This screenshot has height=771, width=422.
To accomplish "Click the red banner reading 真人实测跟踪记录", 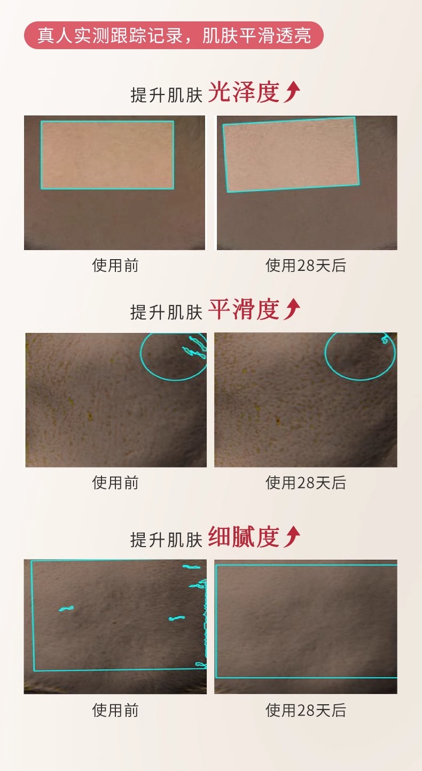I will [x=174, y=35].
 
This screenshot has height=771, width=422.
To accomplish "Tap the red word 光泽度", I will [x=244, y=93].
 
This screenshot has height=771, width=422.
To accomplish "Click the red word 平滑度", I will [x=244, y=310].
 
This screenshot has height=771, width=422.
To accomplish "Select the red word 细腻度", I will [x=244, y=537].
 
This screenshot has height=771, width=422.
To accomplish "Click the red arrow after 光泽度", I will [x=292, y=93].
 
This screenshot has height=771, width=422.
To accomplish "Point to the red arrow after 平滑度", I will [x=292, y=310].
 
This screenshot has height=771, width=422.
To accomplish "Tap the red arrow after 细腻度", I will [x=292, y=537].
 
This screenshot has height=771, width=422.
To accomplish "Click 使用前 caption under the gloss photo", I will [x=115, y=266].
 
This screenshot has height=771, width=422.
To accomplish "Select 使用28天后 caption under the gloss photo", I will [x=306, y=266].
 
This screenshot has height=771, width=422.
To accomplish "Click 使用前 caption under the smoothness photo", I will [x=115, y=482].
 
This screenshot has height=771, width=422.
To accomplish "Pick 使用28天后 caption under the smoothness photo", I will [x=306, y=482].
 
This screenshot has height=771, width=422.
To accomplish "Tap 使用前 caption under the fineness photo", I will [x=115, y=710].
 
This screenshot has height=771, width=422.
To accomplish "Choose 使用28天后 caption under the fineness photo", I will [x=306, y=710].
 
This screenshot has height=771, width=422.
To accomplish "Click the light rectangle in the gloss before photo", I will [x=107, y=155].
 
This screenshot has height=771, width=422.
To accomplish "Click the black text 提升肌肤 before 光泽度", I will [x=166, y=95].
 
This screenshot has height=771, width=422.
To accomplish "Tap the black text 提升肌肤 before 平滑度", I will [x=166, y=312].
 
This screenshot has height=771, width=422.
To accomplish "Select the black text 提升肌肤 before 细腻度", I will [x=166, y=539].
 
